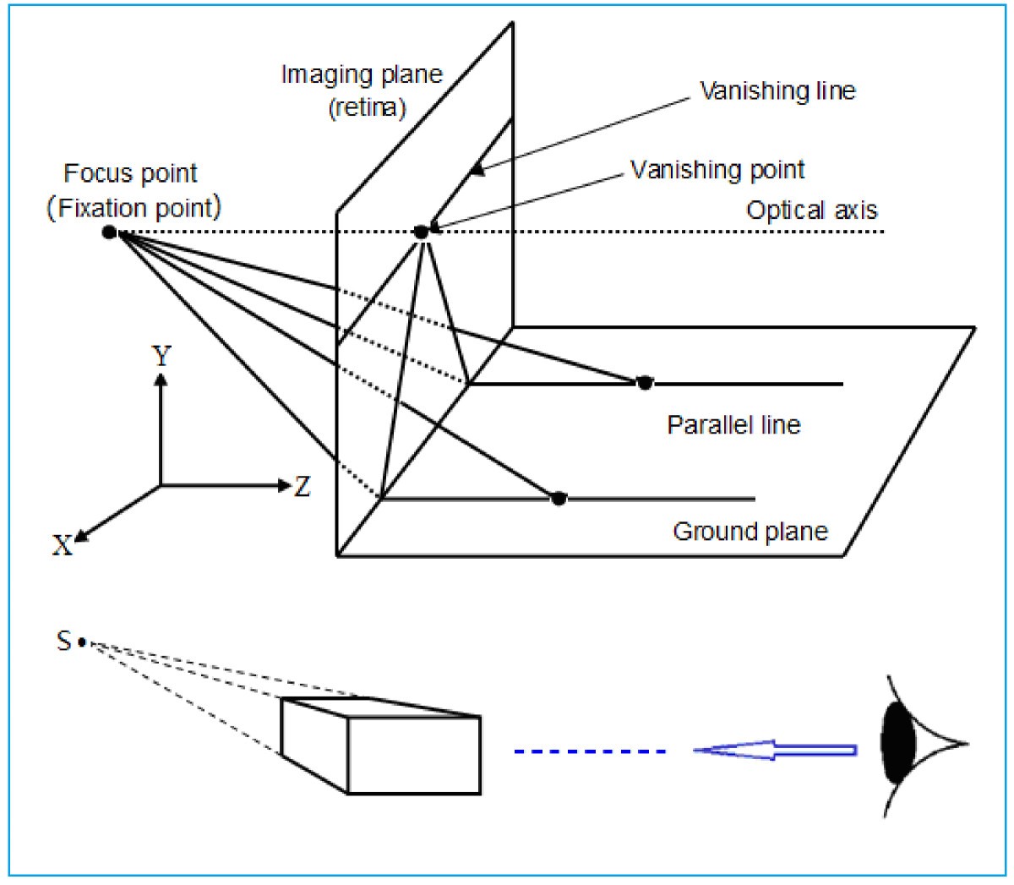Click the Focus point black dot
tap(109, 232)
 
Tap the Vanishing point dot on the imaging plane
tap(421, 232)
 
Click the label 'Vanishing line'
tap(777, 90)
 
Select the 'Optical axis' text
tap(811, 210)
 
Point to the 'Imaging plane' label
tap(362, 75)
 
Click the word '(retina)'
tap(365, 108)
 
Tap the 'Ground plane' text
tap(750, 532)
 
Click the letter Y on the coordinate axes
tap(161, 357)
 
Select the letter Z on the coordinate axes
tap(302, 487)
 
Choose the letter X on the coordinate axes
tap(63, 546)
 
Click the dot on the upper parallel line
tap(645, 383)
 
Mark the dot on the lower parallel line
tap(558, 498)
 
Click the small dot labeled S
tap(82, 642)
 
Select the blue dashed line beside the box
tap(589, 751)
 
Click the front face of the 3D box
tap(414, 754)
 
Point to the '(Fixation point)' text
tap(133, 208)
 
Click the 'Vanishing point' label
tap(717, 170)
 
